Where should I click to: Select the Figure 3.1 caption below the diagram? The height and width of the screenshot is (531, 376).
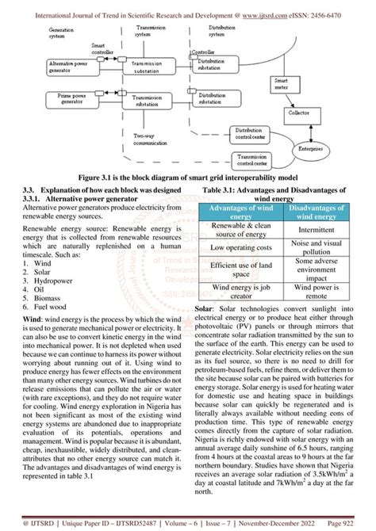click(x=187, y=178)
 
